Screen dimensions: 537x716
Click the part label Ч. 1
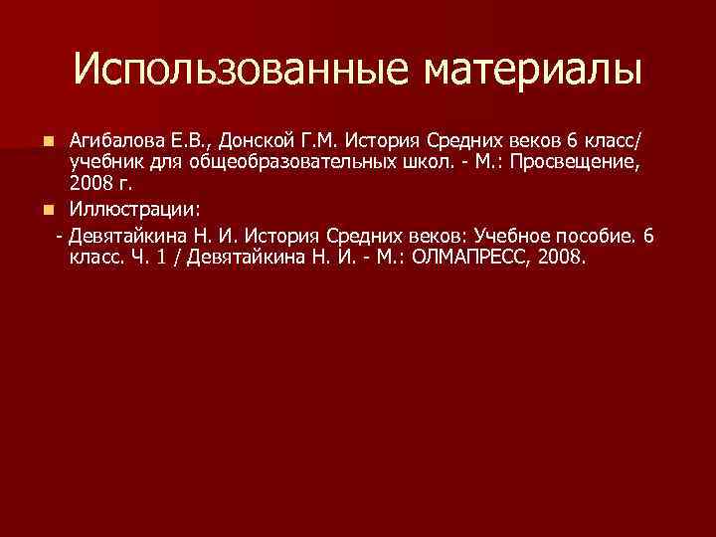[x=149, y=259]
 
